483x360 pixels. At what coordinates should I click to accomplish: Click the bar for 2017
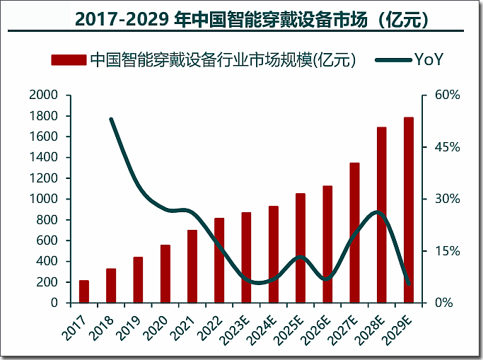point(84,291)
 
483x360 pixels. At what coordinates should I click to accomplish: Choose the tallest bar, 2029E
point(409,210)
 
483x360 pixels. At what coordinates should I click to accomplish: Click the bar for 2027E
point(355,233)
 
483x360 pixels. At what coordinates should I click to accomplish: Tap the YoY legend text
point(430,60)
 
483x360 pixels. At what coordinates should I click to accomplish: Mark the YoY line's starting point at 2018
point(112,119)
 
